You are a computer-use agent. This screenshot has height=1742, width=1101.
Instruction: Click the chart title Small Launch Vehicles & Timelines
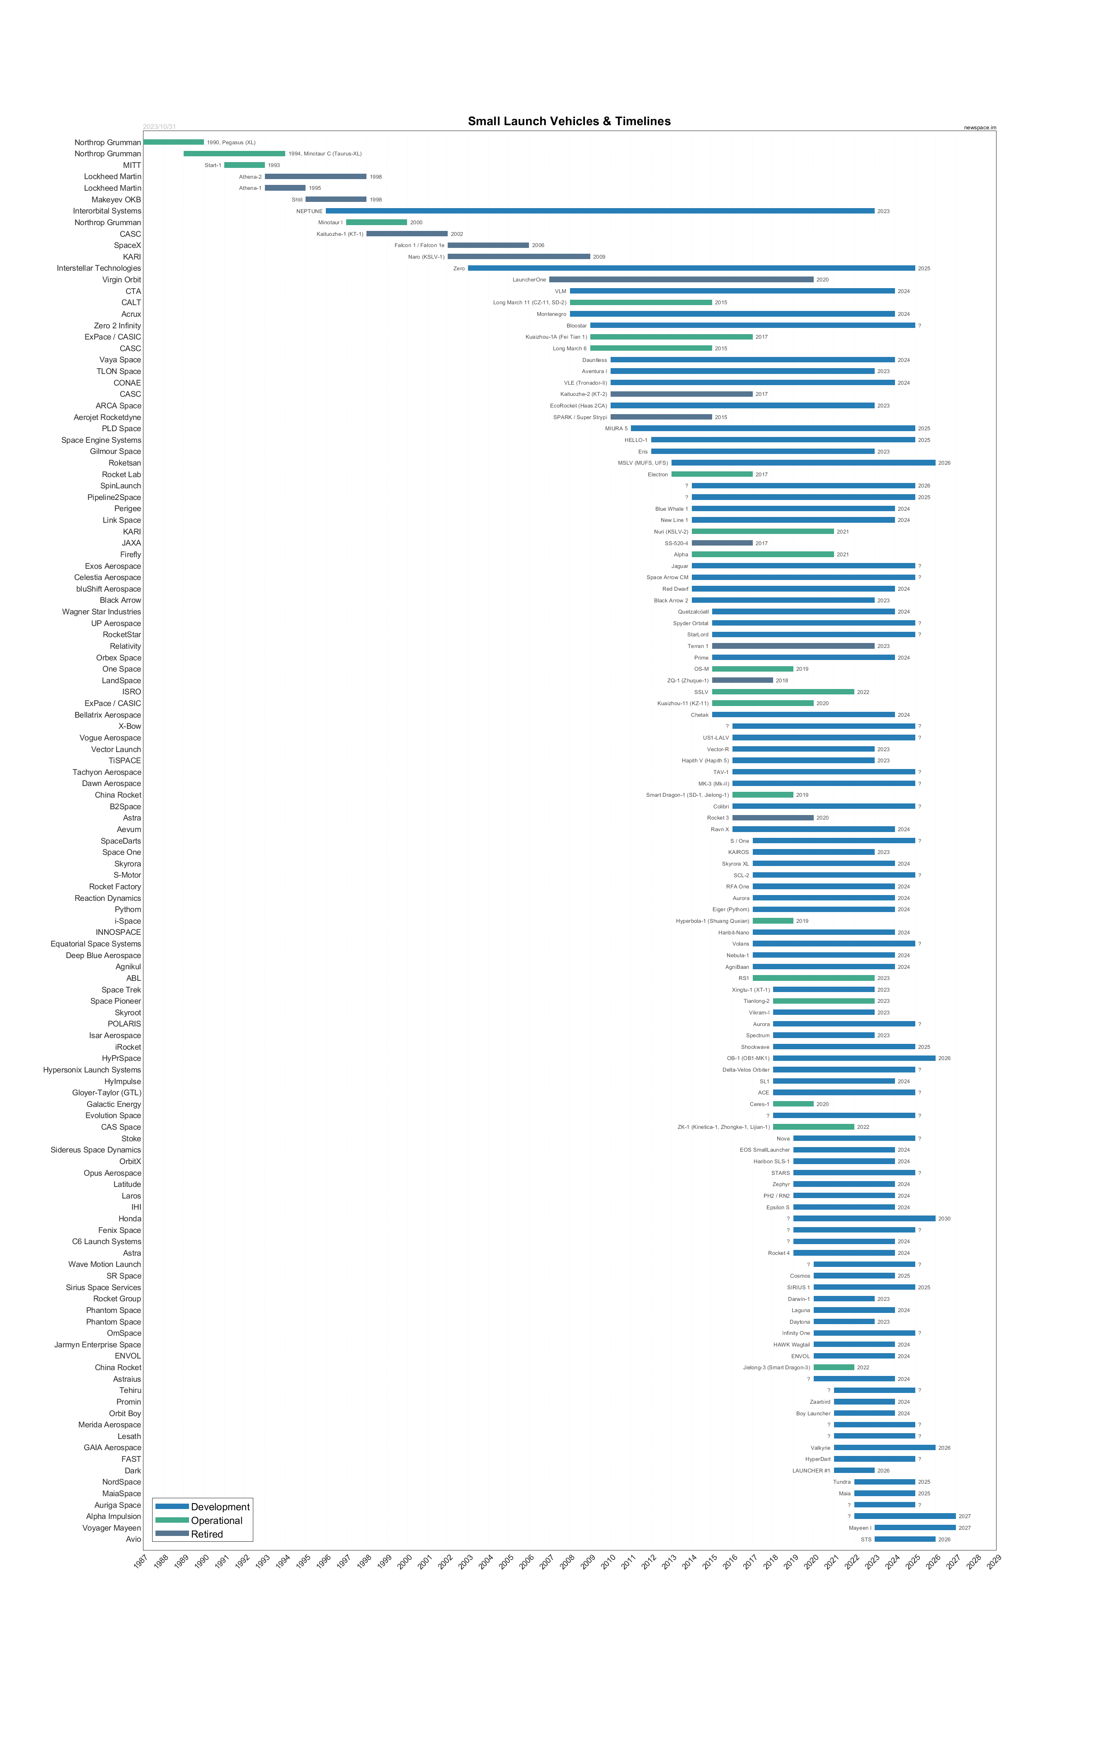569,121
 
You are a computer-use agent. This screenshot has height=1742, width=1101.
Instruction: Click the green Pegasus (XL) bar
174,143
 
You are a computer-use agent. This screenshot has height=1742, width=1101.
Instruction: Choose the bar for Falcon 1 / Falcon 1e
488,245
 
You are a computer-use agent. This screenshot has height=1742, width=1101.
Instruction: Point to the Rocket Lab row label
121,475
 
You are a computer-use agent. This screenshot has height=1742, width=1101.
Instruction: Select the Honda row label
130,1219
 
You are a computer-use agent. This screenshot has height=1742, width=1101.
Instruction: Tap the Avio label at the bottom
134,1539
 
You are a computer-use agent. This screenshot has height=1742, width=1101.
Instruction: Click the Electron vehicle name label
657,475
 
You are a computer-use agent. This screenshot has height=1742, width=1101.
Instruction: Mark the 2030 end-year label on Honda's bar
944,1219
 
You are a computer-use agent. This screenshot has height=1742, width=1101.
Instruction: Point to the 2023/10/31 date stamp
159,126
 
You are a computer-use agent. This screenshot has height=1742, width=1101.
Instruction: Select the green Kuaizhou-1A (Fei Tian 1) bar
671,337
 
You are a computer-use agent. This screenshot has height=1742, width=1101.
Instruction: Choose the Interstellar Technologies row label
99,268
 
